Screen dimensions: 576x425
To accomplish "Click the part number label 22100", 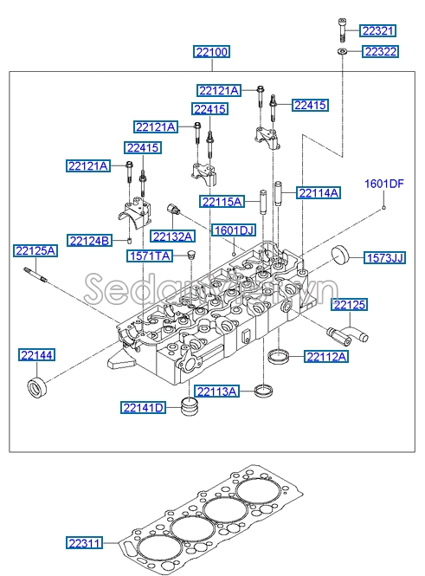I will pyautogui.click(x=211, y=53).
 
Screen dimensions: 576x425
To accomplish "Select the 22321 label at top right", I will pyautogui.click(x=378, y=31).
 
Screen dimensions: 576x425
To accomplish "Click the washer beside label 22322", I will pyautogui.click(x=343, y=53).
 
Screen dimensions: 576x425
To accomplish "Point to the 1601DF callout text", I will pyautogui.click(x=383, y=184).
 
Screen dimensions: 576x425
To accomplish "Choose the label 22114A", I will pyautogui.click(x=319, y=191).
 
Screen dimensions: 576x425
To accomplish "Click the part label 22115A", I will pyautogui.click(x=222, y=202).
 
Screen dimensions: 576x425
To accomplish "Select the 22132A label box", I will pyautogui.click(x=172, y=236).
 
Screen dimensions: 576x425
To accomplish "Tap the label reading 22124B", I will pyautogui.click(x=90, y=240).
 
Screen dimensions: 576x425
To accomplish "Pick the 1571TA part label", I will pyautogui.click(x=151, y=256).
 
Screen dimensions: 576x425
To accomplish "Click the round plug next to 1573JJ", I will pyautogui.click(x=340, y=256).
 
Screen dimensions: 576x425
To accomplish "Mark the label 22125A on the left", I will pyautogui.click(x=35, y=251).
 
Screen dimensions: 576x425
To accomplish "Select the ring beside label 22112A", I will pyautogui.click(x=279, y=356).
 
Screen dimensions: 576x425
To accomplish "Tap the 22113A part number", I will pyautogui.click(x=216, y=392).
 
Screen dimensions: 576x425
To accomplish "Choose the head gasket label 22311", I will pyautogui.click(x=85, y=543).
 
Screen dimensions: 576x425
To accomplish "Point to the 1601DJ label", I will pyautogui.click(x=234, y=230).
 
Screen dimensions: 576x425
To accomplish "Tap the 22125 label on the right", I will pyautogui.click(x=351, y=304).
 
